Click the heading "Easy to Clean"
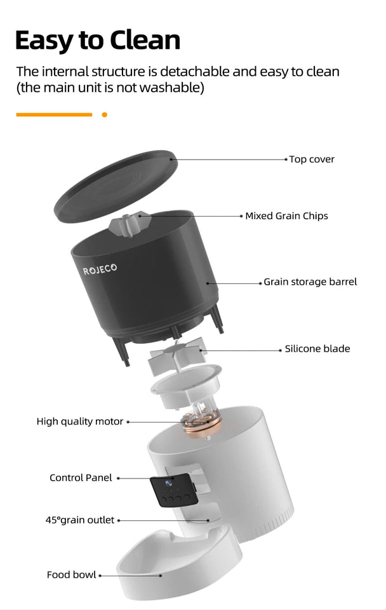(97, 40)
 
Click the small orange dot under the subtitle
(105, 115)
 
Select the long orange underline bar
(54, 115)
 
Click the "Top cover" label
(312, 159)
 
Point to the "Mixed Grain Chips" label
(286, 216)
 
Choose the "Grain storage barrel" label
(310, 281)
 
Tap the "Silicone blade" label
(317, 349)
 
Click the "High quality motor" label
(80, 421)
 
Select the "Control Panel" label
(81, 478)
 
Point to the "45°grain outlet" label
(80, 520)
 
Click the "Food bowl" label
(72, 575)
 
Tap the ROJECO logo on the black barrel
(100, 270)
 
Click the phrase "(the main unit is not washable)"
(110, 88)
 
